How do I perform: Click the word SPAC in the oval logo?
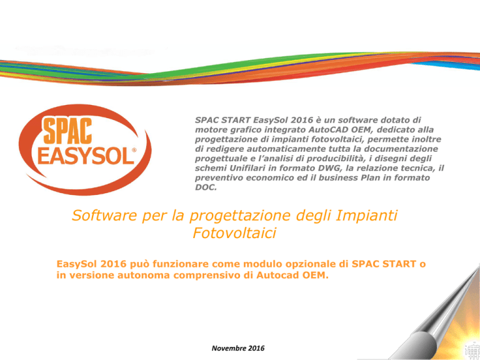click(x=67, y=131)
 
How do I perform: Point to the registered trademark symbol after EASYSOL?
click(x=134, y=150)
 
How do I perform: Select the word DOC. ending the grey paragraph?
click(x=206, y=187)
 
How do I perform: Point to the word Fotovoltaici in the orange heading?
click(x=234, y=233)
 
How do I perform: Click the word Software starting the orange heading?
click(x=104, y=215)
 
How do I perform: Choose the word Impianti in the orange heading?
click(x=366, y=215)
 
